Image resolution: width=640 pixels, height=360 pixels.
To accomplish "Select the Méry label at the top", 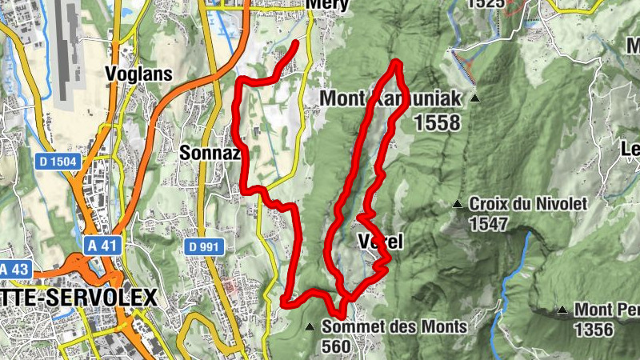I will [x=325, y=4].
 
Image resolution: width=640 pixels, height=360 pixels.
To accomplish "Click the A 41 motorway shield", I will [x=103, y=246].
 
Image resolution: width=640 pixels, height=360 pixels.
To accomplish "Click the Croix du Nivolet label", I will [x=528, y=204].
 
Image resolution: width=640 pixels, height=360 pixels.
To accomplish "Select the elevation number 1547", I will [x=489, y=223].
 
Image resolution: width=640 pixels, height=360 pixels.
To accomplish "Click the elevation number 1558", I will [x=438, y=122].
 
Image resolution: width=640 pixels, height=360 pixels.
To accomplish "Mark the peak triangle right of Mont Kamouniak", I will [x=475, y=99].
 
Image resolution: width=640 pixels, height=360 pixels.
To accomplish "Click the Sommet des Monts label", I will [x=394, y=326].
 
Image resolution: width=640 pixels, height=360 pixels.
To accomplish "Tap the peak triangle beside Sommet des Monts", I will [x=310, y=326].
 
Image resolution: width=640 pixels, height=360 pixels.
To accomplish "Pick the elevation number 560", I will [x=337, y=346].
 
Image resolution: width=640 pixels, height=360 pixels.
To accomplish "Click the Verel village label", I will [x=380, y=242].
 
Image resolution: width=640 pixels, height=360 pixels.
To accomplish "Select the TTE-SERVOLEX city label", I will [x=77, y=297].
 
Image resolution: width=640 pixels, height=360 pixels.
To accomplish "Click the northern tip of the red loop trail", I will [x=395, y=62].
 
